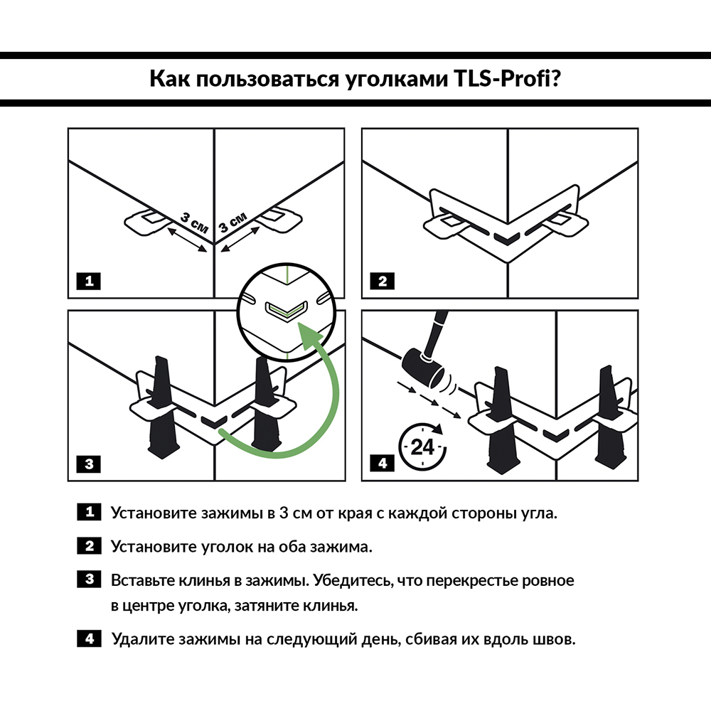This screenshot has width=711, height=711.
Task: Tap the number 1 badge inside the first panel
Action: [89, 281]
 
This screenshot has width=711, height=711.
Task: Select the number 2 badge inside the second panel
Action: [383, 281]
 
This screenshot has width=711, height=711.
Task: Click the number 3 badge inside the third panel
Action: [89, 464]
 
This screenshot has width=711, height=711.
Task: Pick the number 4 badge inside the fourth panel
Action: [383, 464]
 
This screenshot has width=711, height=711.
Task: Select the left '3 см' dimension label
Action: [193, 221]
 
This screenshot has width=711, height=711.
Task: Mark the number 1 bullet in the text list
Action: [89, 512]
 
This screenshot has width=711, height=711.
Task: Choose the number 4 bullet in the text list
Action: [89, 638]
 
